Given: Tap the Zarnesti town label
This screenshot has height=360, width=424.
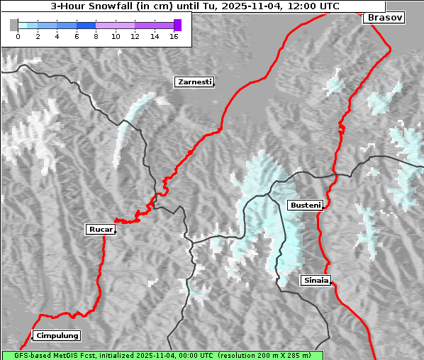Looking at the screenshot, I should (194, 82).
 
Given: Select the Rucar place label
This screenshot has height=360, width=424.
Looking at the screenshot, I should (99, 229).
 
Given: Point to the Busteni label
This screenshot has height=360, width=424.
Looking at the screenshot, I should (304, 205).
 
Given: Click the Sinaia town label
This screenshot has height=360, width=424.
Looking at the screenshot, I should (316, 280).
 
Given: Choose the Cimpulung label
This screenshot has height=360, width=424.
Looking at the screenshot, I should (57, 335).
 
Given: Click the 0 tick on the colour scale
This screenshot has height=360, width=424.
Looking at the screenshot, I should (18, 36).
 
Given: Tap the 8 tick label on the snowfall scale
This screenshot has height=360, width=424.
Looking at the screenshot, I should (96, 36).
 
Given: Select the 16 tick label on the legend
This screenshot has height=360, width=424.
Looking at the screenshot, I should (174, 36).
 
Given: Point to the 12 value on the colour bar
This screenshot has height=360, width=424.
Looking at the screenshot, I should (135, 36).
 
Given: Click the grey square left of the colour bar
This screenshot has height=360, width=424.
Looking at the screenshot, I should (14, 25).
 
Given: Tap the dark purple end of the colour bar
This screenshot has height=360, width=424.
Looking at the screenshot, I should (177, 25).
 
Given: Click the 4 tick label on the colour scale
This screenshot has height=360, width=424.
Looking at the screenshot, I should (57, 36).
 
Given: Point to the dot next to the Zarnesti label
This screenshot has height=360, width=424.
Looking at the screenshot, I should (213, 85).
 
